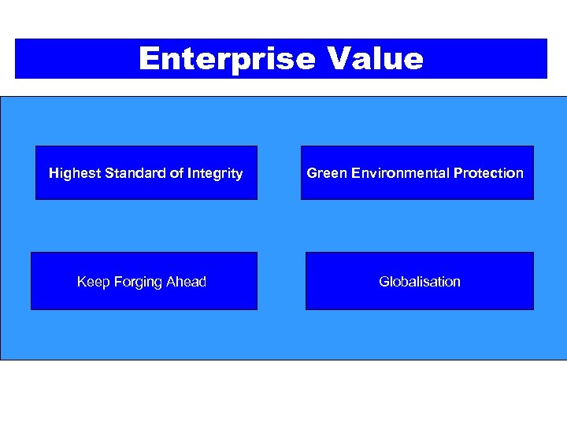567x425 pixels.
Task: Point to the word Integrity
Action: (214, 173)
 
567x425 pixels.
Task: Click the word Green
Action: (324, 173)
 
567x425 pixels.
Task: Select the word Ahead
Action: (187, 282)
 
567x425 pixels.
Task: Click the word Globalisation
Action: (420, 282)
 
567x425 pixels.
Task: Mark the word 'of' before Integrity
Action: (176, 173)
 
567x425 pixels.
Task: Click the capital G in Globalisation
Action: (384, 282)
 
